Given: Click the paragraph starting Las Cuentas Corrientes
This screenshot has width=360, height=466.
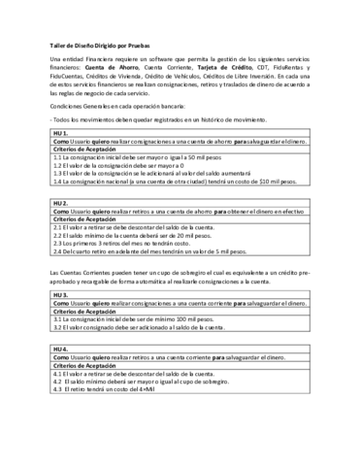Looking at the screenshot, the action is click(x=180, y=275).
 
